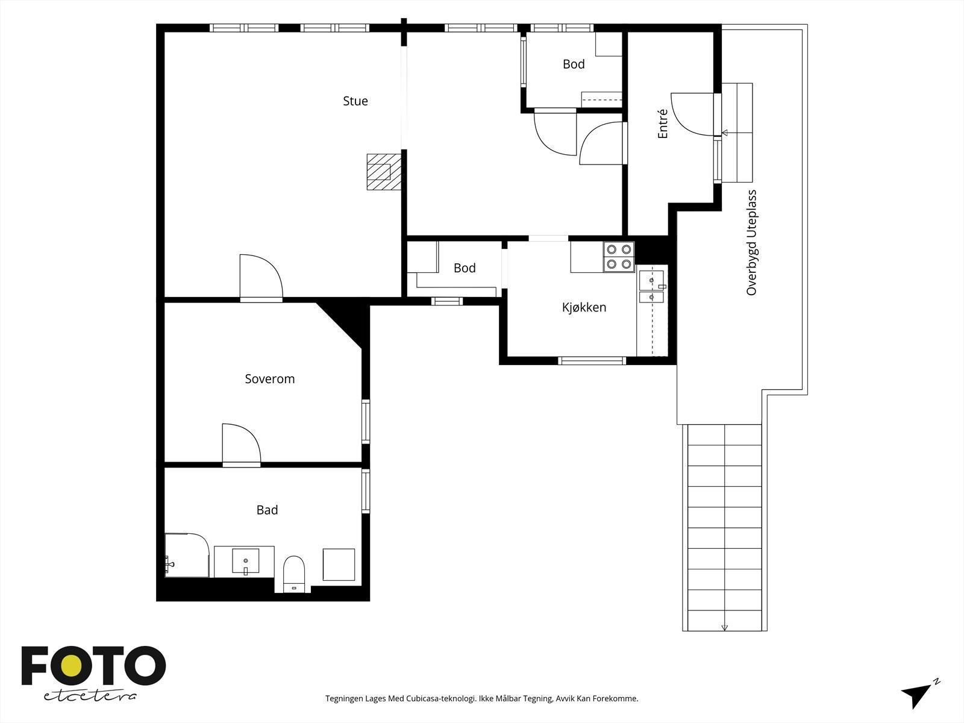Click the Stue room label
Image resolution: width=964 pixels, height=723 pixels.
[x=355, y=101]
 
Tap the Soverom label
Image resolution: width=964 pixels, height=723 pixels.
[x=270, y=379]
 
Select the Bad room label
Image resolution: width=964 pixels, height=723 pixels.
[x=267, y=510]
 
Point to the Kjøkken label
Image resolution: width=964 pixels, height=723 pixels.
[x=584, y=307]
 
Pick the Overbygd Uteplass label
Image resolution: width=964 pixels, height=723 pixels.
[x=751, y=242]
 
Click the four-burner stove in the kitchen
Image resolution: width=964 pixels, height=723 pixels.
[x=619, y=257]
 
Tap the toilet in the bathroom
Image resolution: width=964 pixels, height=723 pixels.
[x=294, y=574]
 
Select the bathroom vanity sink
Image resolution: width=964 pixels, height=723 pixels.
[x=245, y=562]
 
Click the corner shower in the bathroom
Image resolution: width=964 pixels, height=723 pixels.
[x=187, y=555]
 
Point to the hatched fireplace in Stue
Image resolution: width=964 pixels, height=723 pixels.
[x=384, y=172]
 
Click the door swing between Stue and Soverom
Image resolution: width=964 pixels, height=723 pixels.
[x=261, y=277]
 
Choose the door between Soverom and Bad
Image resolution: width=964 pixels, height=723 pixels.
[x=242, y=444]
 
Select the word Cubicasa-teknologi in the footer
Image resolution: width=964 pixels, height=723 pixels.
[x=441, y=698]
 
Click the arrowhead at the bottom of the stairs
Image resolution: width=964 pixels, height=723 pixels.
[x=725, y=628]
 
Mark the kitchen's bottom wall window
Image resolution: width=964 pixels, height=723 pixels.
[x=592, y=361]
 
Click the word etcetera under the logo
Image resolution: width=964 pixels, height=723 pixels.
[x=90, y=696]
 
